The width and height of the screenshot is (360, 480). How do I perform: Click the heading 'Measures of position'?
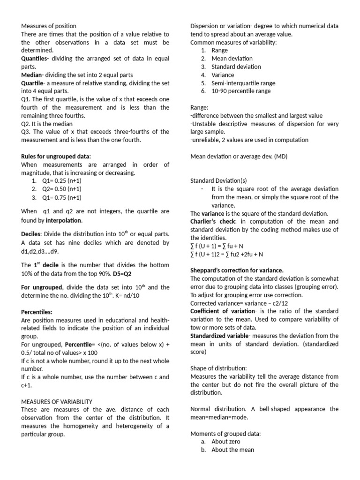pos(49,26)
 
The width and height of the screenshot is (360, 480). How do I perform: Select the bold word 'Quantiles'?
pos(34,58)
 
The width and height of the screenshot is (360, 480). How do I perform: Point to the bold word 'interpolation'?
pos(64,220)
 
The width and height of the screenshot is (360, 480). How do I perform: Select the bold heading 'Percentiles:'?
pos(37,311)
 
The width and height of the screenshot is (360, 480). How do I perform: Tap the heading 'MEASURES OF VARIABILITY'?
pos(57,401)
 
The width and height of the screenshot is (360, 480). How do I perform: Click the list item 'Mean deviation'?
pos(232,58)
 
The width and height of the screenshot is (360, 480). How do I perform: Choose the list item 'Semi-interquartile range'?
pos(243,82)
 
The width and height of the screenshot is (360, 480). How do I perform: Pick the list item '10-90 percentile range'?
pos(241,91)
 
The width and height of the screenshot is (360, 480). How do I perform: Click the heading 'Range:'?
pos(199,107)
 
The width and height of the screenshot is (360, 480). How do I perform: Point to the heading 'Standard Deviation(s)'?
pos(218,180)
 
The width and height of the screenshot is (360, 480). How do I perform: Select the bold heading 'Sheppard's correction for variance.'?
pos(237,270)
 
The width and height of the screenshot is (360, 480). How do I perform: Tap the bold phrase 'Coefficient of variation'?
pos(222,311)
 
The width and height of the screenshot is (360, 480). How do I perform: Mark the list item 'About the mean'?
pos(232,450)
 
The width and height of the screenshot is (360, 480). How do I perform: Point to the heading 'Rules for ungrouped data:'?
pos(56,156)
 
